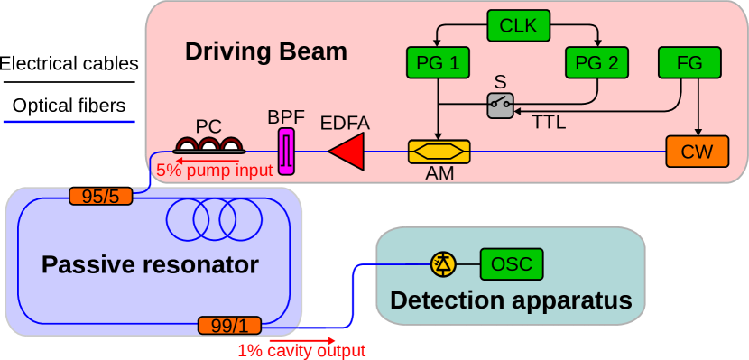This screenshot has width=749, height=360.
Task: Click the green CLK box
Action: [518, 25]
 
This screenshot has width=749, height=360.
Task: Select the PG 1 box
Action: [438, 63]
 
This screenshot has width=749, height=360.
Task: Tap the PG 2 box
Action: [596, 63]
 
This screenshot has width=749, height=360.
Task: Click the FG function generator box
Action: [689, 63]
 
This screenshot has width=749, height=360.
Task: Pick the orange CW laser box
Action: [697, 152]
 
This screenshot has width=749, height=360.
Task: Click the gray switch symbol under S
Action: [501, 106]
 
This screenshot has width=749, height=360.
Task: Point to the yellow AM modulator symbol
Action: [439, 152]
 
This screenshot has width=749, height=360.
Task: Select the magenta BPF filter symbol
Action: [286, 151]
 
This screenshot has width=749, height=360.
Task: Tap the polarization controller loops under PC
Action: [208, 144]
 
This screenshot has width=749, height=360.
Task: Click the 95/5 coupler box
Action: [100, 196]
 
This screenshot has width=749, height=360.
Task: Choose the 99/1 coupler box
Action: [229, 325]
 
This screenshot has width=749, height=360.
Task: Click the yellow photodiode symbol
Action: [443, 263]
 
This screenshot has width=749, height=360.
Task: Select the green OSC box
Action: [511, 264]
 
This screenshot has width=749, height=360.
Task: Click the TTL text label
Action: [548, 124]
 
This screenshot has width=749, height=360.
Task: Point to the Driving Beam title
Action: [265, 51]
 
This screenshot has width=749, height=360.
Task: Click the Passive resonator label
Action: [150, 265]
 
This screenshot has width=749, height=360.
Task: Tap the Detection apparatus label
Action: [510, 300]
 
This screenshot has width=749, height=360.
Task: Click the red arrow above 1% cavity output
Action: [290, 340]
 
